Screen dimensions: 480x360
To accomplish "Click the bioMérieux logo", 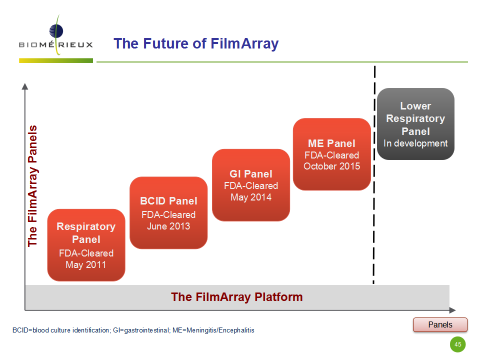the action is [x=55, y=38].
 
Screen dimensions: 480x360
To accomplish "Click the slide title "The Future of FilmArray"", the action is [x=196, y=43].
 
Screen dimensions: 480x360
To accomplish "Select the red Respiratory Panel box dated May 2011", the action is [x=86, y=245].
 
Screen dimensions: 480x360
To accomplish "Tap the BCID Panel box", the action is [x=168, y=213].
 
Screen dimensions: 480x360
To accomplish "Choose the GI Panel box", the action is [x=251, y=185].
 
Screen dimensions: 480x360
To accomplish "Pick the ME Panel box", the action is [x=332, y=154].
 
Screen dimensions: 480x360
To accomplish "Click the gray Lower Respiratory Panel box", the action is [x=415, y=124].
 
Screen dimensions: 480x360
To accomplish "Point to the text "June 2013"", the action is [x=168, y=226].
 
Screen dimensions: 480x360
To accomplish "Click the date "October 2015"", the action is [x=332, y=166].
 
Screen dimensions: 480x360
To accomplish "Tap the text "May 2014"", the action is [x=251, y=197].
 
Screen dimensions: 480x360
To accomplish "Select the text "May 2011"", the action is [x=86, y=265].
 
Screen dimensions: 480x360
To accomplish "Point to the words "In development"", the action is [x=415, y=143].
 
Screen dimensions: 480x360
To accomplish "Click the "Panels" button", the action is [x=440, y=325].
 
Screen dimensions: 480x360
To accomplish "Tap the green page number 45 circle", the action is [x=457, y=344].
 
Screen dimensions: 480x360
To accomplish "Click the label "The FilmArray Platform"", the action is [x=237, y=297].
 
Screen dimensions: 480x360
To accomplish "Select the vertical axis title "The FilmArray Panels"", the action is [x=32, y=186].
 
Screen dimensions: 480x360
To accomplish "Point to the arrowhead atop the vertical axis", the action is [x=25, y=86].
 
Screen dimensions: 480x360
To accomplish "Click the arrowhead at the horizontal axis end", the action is [x=452, y=310].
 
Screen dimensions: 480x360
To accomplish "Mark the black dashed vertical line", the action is [x=374, y=175].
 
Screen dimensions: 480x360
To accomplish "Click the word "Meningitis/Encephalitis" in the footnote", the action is [x=220, y=330].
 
